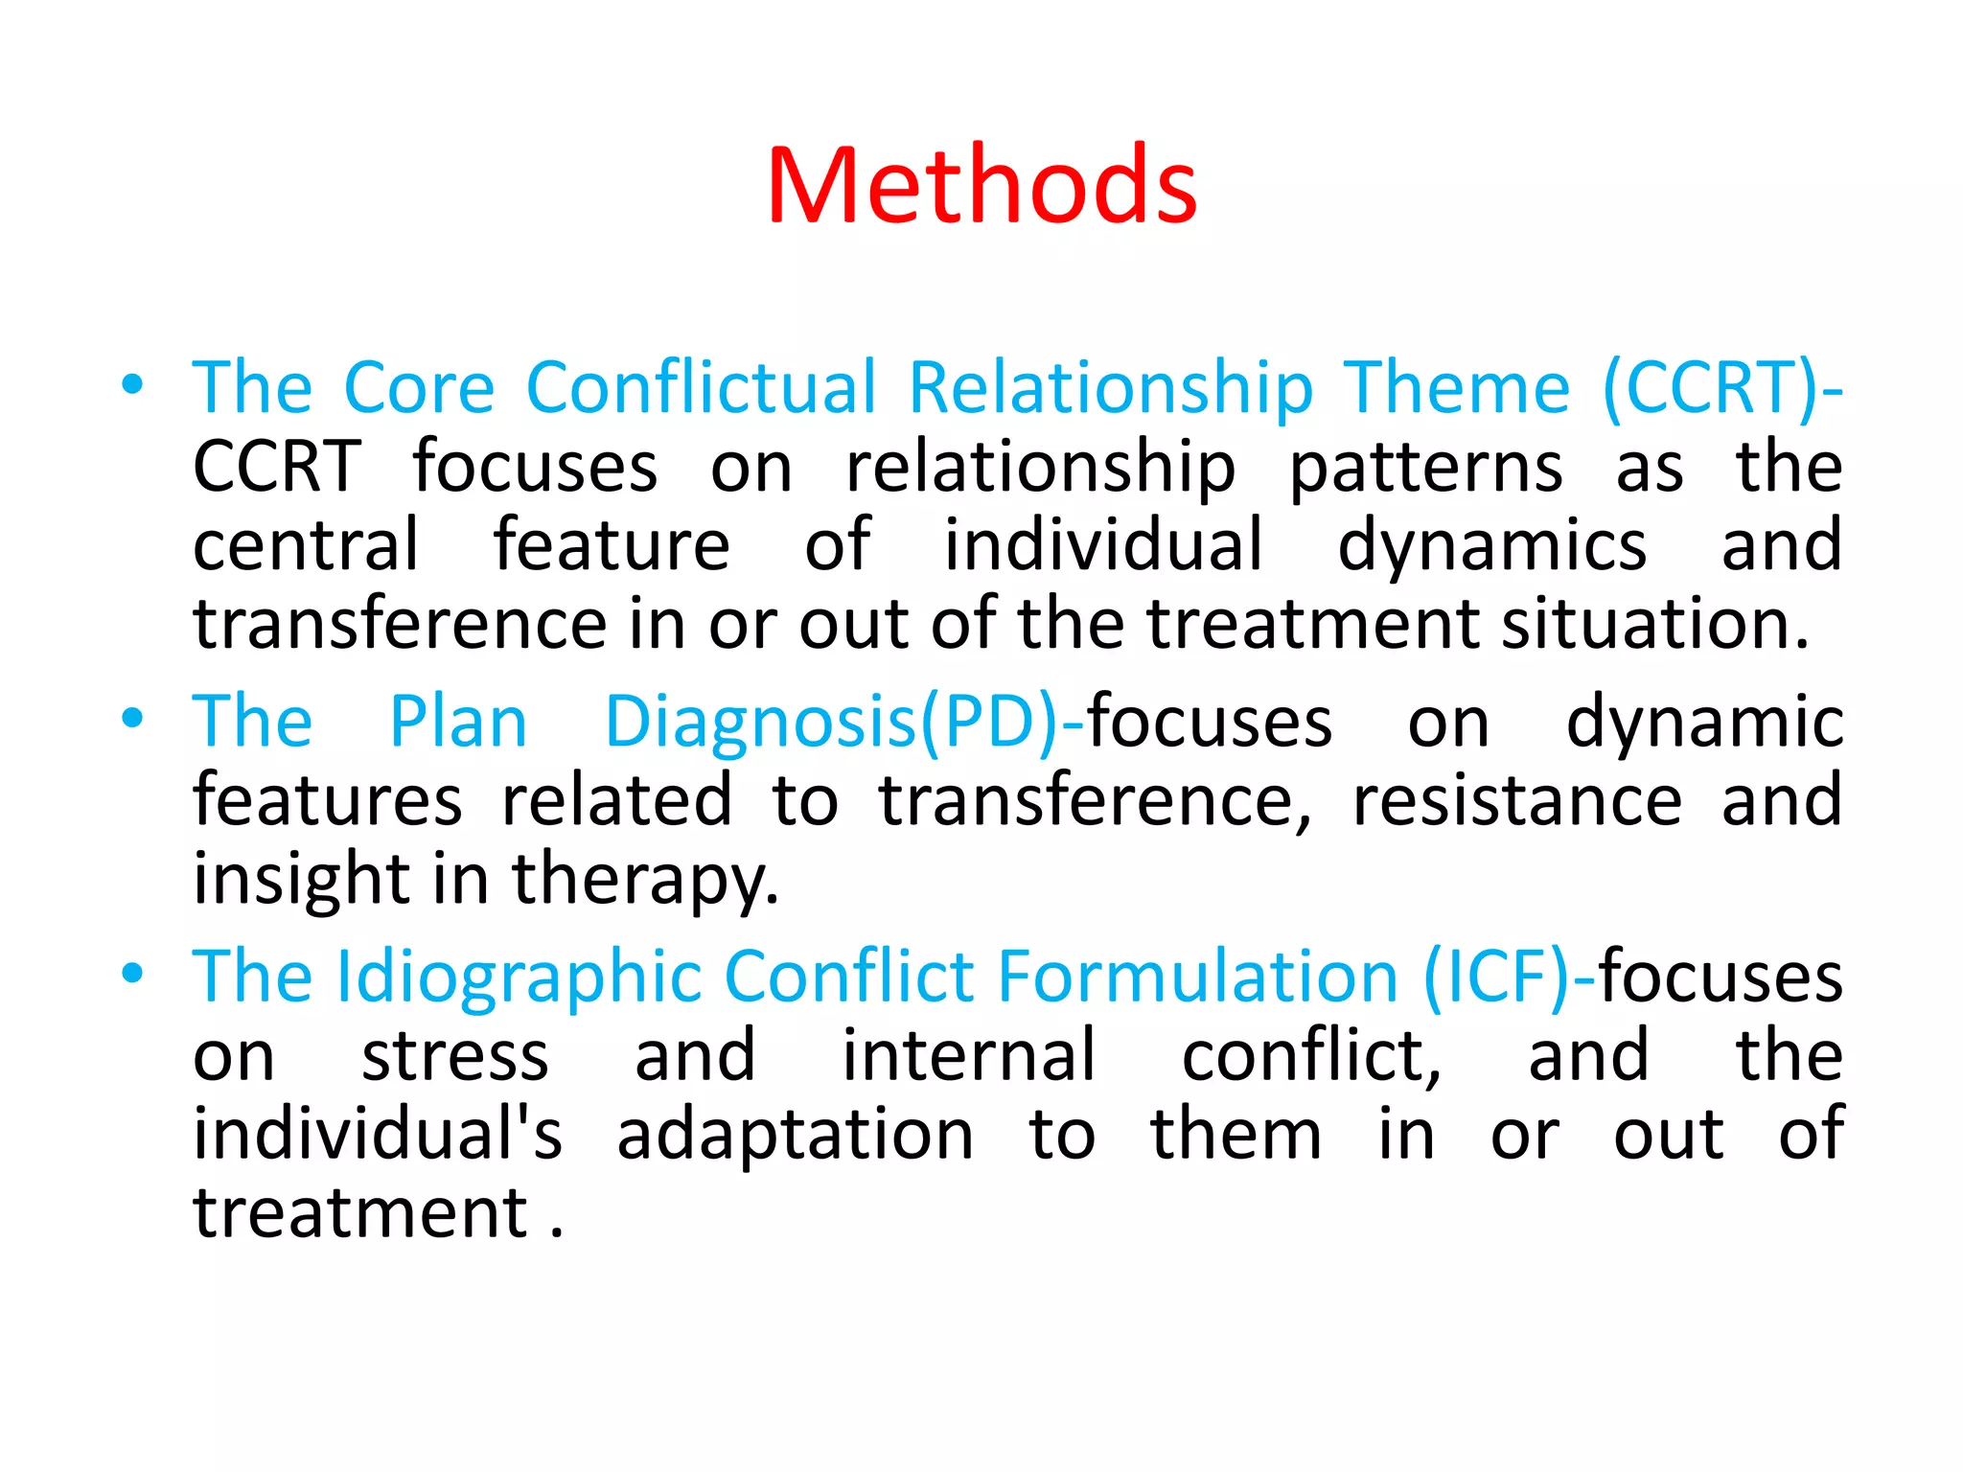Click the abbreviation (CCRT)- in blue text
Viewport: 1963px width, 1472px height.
point(1721,388)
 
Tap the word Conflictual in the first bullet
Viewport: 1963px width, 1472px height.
point(702,388)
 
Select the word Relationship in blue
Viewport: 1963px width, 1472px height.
point(1110,388)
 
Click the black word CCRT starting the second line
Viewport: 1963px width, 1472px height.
point(277,467)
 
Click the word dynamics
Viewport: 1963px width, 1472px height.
point(1491,546)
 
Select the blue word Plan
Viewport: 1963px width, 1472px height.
point(458,722)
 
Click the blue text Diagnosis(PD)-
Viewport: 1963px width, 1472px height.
point(843,724)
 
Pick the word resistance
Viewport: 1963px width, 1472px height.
point(1516,800)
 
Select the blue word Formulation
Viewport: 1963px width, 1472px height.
point(1198,977)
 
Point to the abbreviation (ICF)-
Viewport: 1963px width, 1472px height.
point(1509,978)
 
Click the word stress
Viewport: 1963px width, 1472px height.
point(455,1056)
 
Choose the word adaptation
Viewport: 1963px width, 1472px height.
point(795,1135)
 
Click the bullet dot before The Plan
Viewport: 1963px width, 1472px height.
point(132,718)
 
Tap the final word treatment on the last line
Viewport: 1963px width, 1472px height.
point(361,1213)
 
